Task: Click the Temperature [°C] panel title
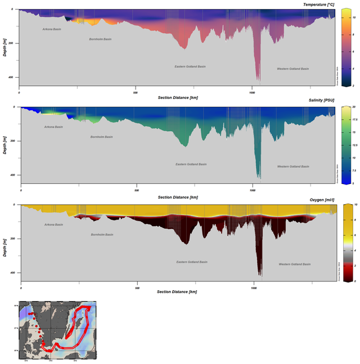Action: [319, 5]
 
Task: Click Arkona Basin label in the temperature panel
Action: [52, 29]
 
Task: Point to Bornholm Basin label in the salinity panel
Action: [102, 137]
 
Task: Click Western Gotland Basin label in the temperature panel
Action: [292, 69]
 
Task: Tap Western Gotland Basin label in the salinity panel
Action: [293, 167]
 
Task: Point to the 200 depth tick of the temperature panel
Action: [12, 43]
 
